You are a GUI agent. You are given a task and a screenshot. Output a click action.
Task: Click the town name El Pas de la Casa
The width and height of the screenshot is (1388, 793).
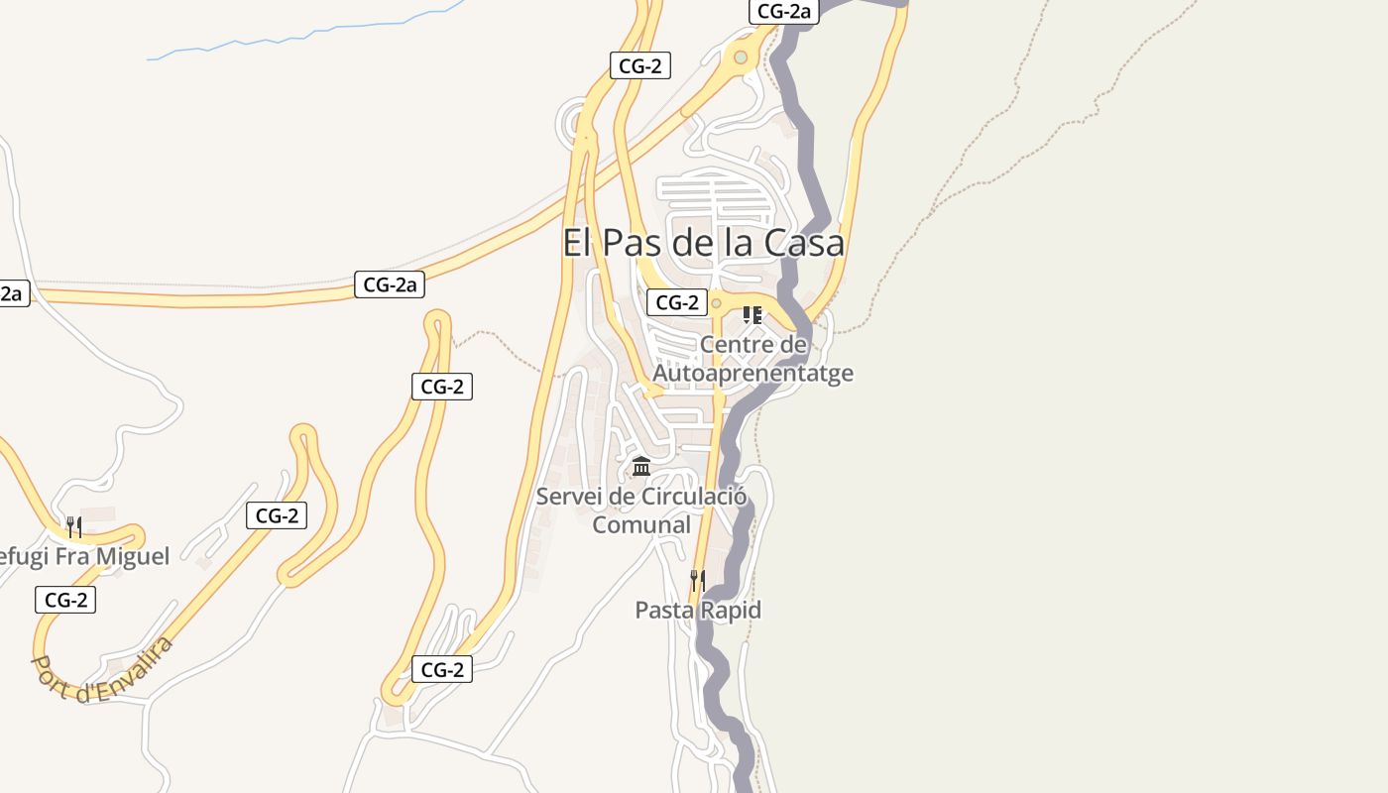(703, 243)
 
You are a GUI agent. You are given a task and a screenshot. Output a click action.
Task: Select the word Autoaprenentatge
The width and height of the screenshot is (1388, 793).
(752, 374)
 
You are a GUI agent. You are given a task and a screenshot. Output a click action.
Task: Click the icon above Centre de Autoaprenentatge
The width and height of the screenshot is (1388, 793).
(752, 316)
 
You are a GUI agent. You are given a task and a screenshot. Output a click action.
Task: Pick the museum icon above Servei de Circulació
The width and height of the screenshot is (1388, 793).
(641, 466)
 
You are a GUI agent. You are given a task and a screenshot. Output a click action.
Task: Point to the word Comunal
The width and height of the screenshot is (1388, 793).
(641, 524)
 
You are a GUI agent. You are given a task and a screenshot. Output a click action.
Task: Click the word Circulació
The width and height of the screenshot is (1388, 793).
(694, 497)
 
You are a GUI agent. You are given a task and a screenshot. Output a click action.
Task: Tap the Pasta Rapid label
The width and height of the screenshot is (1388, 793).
(698, 610)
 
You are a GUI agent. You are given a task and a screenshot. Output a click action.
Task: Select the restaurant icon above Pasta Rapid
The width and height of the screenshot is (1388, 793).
(698, 580)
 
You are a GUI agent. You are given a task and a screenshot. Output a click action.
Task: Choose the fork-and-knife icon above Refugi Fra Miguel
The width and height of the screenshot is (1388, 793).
(74, 526)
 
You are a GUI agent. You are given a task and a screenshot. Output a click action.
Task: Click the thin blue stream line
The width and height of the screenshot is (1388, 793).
(297, 38)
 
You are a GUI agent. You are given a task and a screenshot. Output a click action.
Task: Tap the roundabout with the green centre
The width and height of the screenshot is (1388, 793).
(741, 57)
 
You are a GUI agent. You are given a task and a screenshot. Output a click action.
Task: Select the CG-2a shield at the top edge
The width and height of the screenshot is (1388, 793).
(783, 12)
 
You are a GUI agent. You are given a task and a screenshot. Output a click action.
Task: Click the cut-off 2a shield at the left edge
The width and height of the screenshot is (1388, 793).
(12, 293)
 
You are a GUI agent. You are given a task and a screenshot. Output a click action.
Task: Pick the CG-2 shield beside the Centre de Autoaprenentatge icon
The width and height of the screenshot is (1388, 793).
(677, 302)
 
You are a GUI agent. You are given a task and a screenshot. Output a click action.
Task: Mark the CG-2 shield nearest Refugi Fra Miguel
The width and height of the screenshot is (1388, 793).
(65, 600)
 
